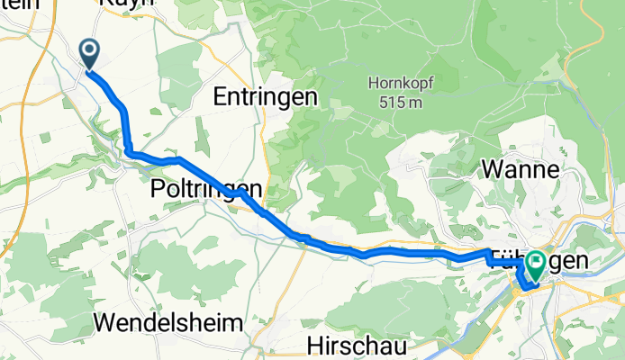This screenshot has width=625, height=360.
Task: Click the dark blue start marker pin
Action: (90, 53)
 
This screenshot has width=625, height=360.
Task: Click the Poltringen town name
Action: (206, 189)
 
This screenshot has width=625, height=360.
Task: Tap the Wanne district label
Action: (521, 168)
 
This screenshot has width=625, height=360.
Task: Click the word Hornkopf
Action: (395, 85)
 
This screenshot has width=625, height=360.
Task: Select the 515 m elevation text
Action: (395, 103)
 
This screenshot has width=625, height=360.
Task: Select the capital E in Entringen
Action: (221, 96)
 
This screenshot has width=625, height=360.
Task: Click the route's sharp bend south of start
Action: (129, 151)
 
